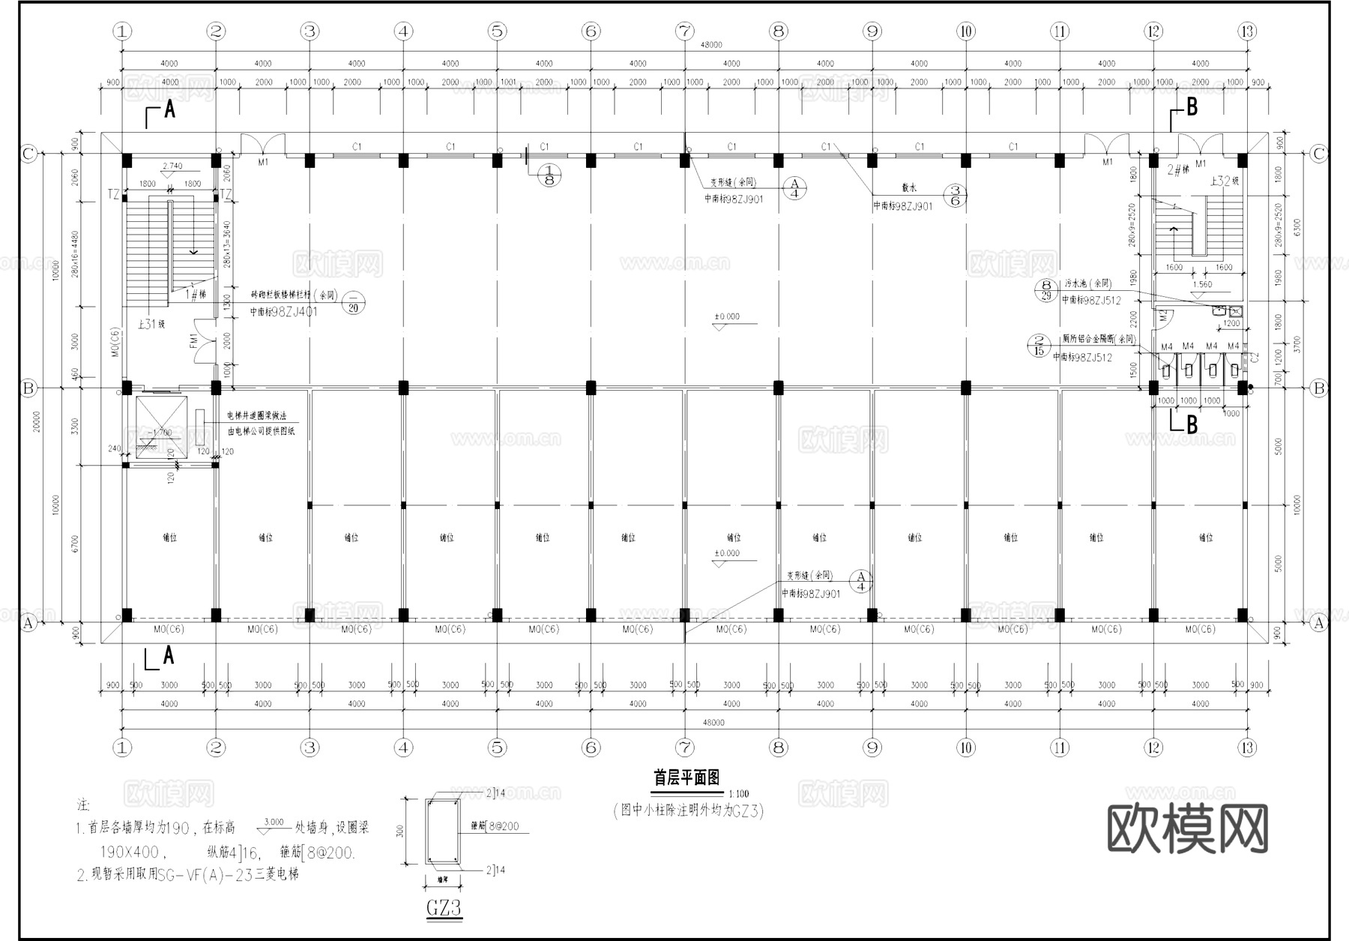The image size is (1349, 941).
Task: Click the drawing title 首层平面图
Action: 686,778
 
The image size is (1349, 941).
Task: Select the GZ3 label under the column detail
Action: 444,909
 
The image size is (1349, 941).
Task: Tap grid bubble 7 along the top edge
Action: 685,31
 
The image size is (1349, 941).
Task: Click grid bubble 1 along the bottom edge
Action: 122,748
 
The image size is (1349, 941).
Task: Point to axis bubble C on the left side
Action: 28,154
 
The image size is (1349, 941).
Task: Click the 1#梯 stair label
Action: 196,295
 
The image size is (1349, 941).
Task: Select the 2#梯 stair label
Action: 1178,170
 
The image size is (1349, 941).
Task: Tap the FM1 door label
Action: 193,341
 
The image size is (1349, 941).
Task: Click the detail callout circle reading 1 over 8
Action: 549,175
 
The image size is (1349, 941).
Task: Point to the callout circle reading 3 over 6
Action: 955,196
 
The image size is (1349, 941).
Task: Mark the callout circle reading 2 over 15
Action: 1039,346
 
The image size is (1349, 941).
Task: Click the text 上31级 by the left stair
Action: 151,325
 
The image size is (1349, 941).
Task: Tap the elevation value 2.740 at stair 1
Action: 172,166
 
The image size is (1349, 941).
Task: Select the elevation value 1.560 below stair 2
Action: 1201,285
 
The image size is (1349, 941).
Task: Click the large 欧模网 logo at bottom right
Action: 1187,829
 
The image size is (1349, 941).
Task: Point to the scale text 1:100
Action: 738,794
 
